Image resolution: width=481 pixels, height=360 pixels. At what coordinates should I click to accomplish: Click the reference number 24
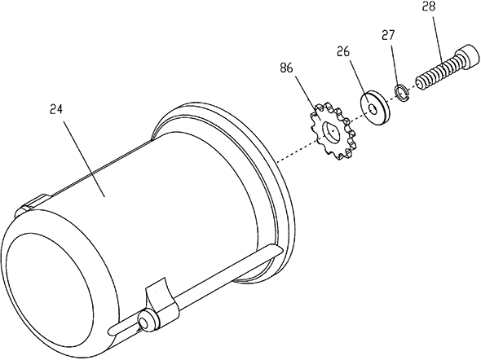56,109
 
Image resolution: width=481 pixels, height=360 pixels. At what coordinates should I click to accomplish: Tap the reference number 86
286,68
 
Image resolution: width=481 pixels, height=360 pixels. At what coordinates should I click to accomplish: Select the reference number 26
343,51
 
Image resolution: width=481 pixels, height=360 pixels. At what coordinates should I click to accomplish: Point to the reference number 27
388,34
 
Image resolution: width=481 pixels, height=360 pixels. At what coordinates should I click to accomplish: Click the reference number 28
429,7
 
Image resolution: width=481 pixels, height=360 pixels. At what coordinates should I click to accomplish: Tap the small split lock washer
402,93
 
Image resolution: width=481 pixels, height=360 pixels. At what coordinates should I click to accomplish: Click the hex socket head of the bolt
468,57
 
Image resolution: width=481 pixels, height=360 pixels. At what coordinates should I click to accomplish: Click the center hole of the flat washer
372,109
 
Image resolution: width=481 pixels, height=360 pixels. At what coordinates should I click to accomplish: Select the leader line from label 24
82,157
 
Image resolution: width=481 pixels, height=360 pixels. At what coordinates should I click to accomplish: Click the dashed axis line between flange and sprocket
296,151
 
